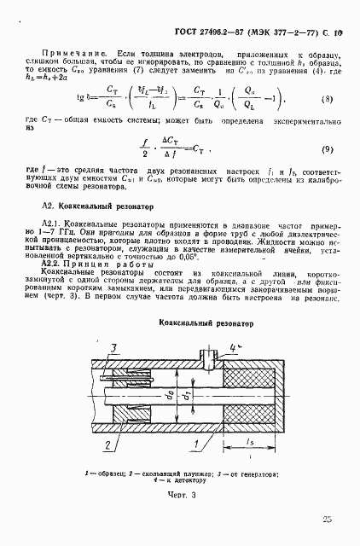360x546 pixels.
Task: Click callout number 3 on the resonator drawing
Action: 113,346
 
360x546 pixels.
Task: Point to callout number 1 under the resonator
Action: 197,443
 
